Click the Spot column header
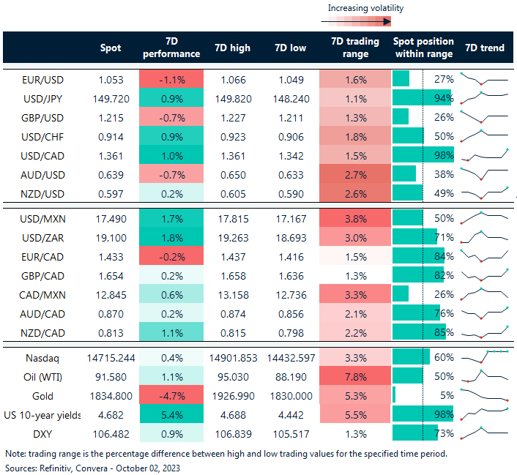coord(111,48)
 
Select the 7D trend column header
coord(484,48)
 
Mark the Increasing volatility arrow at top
coord(364,22)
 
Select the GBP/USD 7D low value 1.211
coord(291,117)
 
